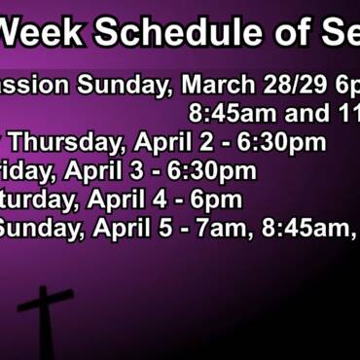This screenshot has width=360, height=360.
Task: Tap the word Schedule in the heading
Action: click(170, 33)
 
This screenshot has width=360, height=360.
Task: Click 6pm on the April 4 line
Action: click(217, 200)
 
